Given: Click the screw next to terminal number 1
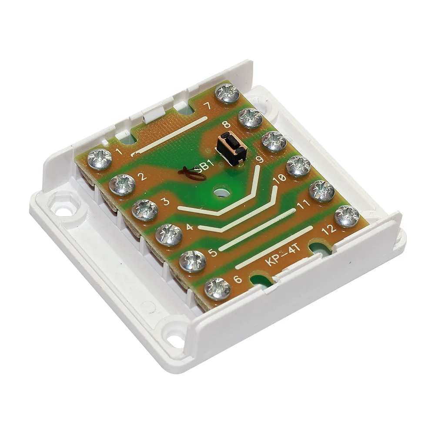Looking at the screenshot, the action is (x=100, y=159).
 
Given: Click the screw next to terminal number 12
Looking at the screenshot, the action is (x=347, y=216).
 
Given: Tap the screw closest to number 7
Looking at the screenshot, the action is (x=228, y=94).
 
